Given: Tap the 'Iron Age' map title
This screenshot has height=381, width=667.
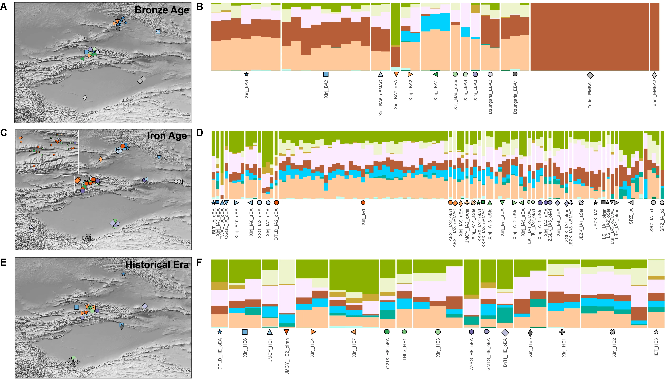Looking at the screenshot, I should pyautogui.click(x=167, y=136).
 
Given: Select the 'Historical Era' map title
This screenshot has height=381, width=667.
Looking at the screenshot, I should pyautogui.click(x=157, y=265).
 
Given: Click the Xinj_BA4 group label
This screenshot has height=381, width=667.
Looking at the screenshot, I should pyautogui.click(x=246, y=89).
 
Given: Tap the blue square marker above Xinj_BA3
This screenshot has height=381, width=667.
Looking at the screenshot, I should pyautogui.click(x=326, y=74).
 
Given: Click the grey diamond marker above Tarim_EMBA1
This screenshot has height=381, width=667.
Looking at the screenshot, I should pyautogui.click(x=590, y=75).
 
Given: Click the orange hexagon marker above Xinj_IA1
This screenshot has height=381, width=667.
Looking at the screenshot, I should pyautogui.click(x=363, y=202).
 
